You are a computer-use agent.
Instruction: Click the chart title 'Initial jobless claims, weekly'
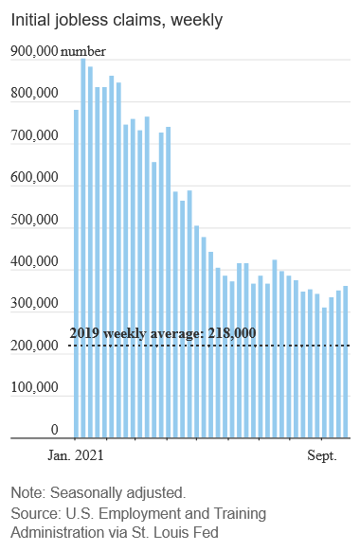click(117, 20)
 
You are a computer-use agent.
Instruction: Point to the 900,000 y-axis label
click(34, 51)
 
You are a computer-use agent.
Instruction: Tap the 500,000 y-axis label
click(34, 220)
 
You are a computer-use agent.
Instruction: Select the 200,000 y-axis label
click(34, 347)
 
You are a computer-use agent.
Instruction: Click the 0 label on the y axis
click(55, 430)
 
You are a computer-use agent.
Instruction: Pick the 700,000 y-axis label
click(34, 135)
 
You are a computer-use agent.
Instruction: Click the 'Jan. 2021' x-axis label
click(76, 455)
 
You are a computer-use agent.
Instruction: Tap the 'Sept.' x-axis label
click(322, 455)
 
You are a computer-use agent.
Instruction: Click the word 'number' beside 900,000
click(83, 52)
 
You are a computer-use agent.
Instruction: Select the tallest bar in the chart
click(83, 248)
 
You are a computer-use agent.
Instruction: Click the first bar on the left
click(77, 274)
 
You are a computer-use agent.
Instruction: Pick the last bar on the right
click(346, 362)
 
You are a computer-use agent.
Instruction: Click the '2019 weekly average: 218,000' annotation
click(163, 333)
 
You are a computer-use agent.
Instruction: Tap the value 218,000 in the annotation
click(232, 333)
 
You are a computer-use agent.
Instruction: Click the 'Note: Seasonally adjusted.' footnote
click(99, 492)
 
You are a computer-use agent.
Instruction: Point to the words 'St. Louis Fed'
click(175, 532)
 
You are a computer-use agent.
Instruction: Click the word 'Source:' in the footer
click(36, 513)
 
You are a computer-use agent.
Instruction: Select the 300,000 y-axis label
click(34, 303)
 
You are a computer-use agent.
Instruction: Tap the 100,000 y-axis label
click(34, 387)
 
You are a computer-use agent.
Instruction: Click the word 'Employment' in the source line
click(139, 514)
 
